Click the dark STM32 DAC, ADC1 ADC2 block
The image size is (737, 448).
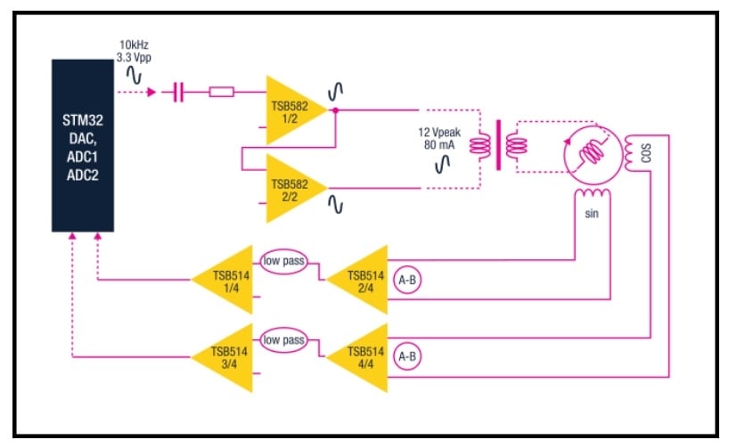point(83,145)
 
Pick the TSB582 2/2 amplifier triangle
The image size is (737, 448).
point(291,188)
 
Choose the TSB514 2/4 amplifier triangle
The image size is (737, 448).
point(362,280)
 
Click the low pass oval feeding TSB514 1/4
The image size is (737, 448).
point(283,261)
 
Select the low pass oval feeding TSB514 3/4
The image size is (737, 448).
point(283,340)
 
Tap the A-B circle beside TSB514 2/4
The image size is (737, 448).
point(407,280)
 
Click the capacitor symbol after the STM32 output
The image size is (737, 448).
point(178,92)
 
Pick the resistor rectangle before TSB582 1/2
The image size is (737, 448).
point(221,92)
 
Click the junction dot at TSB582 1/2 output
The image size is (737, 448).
point(334,110)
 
